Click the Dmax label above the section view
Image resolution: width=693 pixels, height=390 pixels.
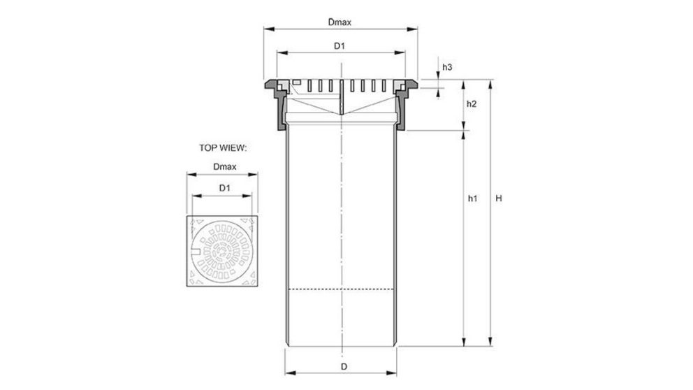point(340,22)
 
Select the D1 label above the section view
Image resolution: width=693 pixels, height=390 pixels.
point(340,46)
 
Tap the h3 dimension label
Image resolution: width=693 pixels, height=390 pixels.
point(448,67)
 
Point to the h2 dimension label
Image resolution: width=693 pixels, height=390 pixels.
point(471,104)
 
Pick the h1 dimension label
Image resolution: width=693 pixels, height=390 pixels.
point(472,199)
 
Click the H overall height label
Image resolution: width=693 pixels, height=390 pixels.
point(499,199)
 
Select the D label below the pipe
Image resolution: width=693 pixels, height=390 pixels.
point(343,366)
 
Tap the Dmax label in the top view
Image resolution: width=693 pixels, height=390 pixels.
point(224,167)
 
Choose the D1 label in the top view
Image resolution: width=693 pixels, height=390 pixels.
point(224,188)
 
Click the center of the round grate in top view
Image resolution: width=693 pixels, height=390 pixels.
point(224,252)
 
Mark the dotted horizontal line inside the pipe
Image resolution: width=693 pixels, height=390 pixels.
point(342,289)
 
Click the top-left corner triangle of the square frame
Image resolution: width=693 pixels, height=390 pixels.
point(194,222)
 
